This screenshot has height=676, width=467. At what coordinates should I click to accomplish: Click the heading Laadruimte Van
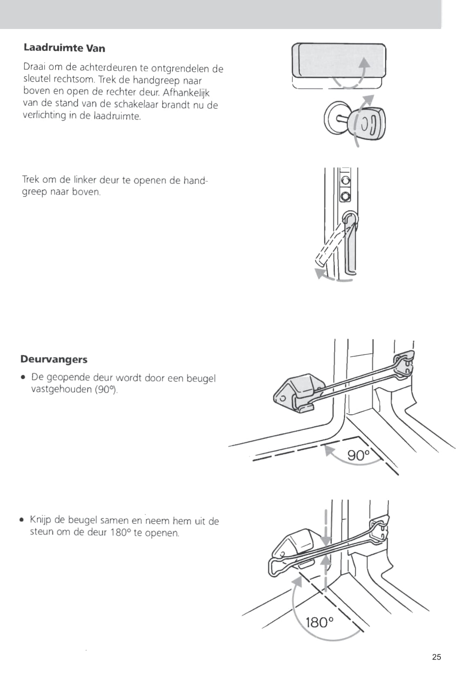[64, 48]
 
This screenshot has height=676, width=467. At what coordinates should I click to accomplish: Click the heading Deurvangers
[54, 359]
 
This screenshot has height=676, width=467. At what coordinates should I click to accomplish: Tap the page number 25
[436, 657]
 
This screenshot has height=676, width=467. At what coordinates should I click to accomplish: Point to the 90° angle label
[358, 455]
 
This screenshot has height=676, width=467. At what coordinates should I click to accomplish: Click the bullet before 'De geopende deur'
[24, 377]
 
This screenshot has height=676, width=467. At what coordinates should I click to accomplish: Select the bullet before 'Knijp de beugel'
[22, 520]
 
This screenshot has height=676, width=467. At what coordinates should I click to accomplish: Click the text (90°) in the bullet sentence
[106, 389]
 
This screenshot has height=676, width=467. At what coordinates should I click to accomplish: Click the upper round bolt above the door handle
[346, 181]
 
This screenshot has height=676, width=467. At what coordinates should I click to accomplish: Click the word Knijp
[40, 520]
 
